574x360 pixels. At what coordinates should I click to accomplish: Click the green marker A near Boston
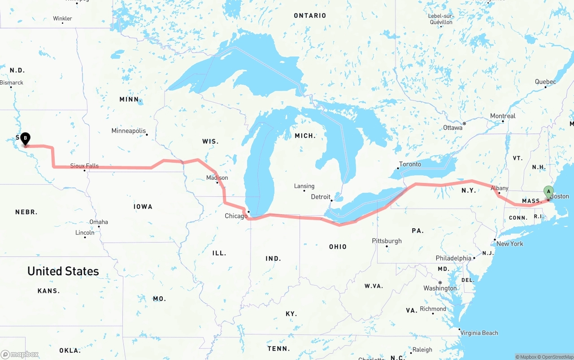548,191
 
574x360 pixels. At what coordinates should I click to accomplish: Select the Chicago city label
236,216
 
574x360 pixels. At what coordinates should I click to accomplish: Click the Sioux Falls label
84,166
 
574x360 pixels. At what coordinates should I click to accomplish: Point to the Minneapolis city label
128,131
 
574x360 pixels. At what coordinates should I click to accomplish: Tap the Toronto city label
410,164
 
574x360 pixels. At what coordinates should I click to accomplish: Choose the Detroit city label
320,197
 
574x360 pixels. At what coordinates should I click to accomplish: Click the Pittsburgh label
387,241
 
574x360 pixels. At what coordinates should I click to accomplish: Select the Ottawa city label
452,128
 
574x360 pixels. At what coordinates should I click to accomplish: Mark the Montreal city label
503,116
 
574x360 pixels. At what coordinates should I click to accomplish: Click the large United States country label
63,271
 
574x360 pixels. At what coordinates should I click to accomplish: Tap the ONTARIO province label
310,16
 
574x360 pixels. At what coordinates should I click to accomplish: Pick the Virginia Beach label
479,333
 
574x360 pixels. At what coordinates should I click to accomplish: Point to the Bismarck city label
12,82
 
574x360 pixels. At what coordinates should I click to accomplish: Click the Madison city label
217,178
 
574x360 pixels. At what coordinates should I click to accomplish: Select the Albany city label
499,188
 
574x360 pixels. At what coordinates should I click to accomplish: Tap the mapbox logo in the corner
20,354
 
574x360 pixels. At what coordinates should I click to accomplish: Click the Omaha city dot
99,226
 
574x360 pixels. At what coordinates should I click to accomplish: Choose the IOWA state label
143,207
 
